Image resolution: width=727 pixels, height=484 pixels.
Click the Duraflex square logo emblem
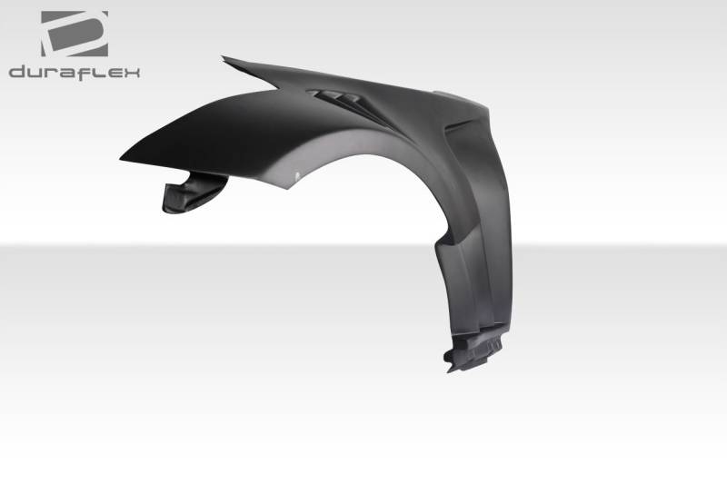point(75,34)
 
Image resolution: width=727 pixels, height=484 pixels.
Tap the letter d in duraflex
point(17,72)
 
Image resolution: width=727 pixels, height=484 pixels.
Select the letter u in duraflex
point(35,73)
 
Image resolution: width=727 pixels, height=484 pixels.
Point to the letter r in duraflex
point(51,73)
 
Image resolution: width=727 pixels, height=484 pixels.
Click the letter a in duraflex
point(65,73)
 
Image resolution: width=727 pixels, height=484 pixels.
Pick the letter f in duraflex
point(81,73)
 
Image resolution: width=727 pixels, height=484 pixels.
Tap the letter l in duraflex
point(92,72)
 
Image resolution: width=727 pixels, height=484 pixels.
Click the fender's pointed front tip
point(121,159)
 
